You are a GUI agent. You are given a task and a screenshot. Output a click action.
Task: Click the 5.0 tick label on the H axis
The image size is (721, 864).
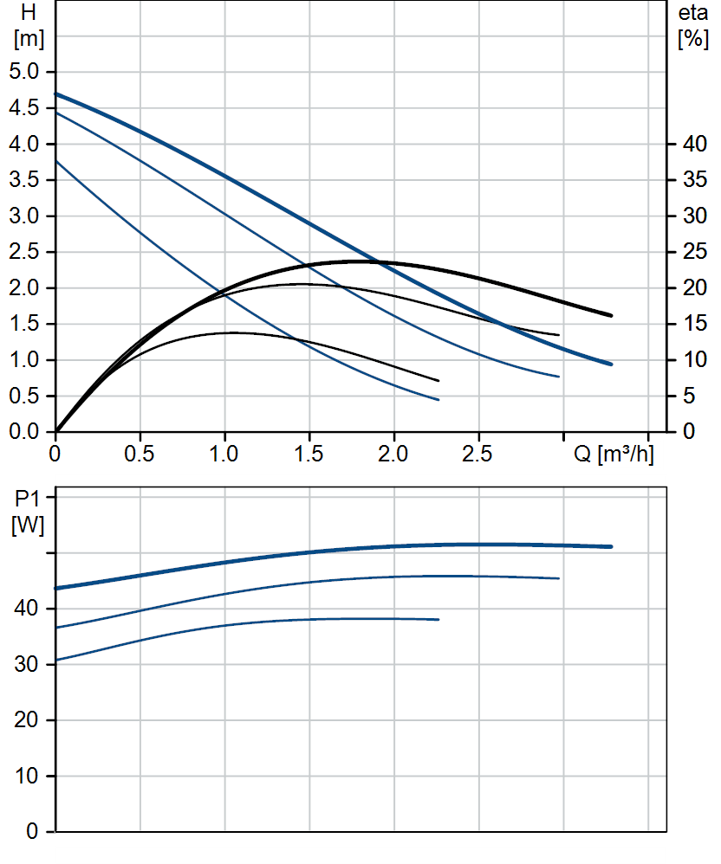pos(24,72)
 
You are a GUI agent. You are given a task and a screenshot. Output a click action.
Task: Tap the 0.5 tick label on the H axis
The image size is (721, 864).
pos(24,396)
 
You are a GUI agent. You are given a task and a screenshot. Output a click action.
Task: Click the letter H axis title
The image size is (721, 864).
pos(28,14)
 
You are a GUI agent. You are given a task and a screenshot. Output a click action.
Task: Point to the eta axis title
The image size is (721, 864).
pos(693,14)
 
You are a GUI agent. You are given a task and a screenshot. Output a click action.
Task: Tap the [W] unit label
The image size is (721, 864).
pos(28,525)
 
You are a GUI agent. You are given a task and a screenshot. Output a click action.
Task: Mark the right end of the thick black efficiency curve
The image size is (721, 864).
pos(611,315)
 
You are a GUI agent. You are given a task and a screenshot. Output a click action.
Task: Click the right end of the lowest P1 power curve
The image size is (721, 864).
pos(438,620)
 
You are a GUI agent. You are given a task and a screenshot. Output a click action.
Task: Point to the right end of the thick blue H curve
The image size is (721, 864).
pos(611,364)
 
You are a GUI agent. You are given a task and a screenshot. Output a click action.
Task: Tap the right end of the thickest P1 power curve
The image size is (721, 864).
pos(611,546)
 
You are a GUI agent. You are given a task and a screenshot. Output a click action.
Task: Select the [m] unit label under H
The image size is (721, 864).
pos(28,40)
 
